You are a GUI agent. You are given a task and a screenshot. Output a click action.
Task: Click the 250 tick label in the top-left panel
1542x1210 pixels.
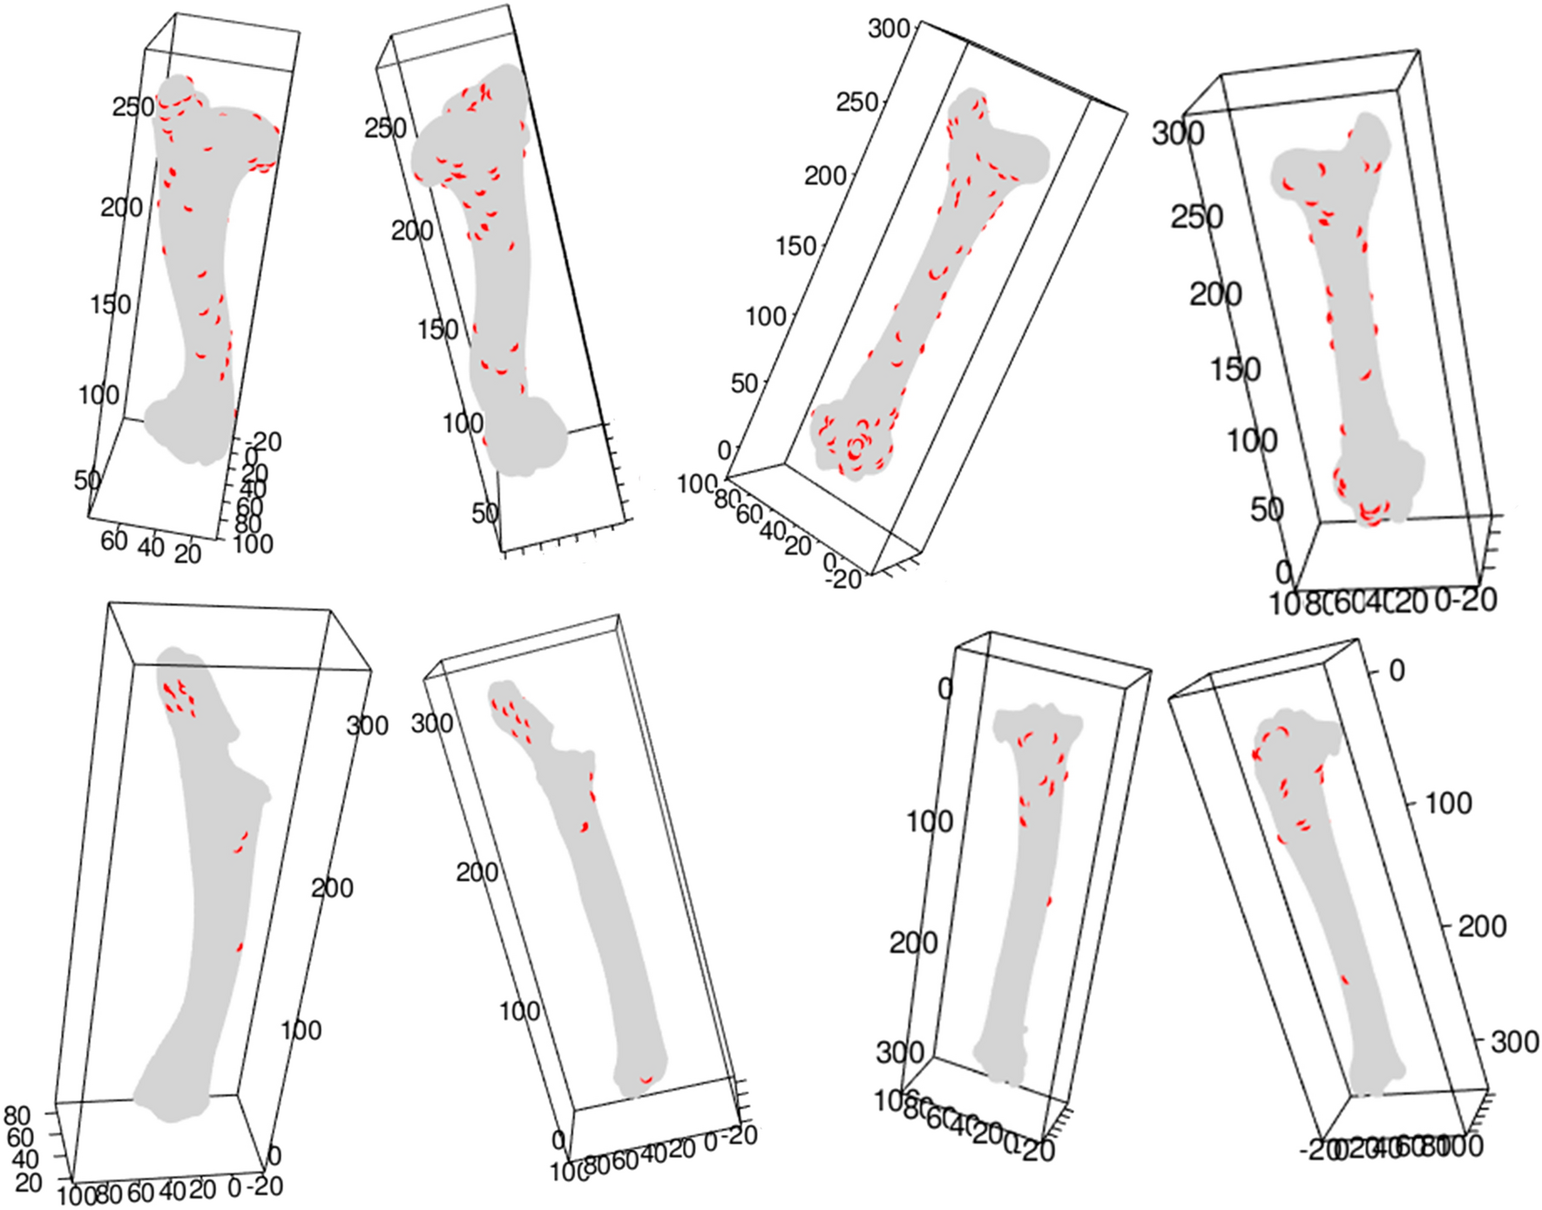(x=132, y=107)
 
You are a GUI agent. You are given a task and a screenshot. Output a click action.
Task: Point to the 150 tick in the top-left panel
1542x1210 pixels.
(x=111, y=304)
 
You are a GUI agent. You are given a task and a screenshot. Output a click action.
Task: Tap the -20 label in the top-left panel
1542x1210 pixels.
(x=263, y=442)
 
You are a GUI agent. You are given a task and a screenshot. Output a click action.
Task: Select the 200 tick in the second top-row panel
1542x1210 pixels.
(x=411, y=231)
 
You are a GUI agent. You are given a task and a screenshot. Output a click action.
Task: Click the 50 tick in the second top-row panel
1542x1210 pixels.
(x=485, y=513)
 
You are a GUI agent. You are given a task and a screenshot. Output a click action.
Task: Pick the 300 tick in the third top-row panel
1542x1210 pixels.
(x=889, y=29)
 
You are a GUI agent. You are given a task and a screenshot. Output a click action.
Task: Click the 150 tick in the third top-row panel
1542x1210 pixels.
(x=795, y=246)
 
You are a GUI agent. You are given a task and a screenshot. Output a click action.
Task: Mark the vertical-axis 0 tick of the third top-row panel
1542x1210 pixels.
(x=724, y=450)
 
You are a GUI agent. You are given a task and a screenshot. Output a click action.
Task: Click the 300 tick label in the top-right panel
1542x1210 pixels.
(x=1178, y=133)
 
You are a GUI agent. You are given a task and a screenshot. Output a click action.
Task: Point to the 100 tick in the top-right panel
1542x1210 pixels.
(x=1252, y=440)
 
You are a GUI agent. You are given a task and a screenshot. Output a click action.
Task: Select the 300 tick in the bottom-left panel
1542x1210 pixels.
(x=367, y=725)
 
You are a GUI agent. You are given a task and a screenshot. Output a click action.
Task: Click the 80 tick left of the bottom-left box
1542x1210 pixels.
(x=17, y=1115)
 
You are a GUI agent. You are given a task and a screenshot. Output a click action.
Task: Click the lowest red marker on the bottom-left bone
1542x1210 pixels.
(x=240, y=947)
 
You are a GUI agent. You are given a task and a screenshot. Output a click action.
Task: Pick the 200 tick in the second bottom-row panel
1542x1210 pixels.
(x=477, y=872)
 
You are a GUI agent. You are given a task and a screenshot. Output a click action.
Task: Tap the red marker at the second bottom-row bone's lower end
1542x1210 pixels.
(x=646, y=1080)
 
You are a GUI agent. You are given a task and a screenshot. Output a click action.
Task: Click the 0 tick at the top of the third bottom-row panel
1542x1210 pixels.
(x=945, y=689)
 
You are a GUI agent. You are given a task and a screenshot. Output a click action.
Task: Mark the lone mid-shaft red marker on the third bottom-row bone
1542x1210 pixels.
(x=1049, y=901)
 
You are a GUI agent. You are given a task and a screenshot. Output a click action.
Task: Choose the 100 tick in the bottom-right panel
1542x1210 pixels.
(x=1447, y=803)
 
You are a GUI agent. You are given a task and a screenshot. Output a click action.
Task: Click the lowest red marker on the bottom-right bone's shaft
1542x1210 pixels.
(x=1345, y=980)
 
